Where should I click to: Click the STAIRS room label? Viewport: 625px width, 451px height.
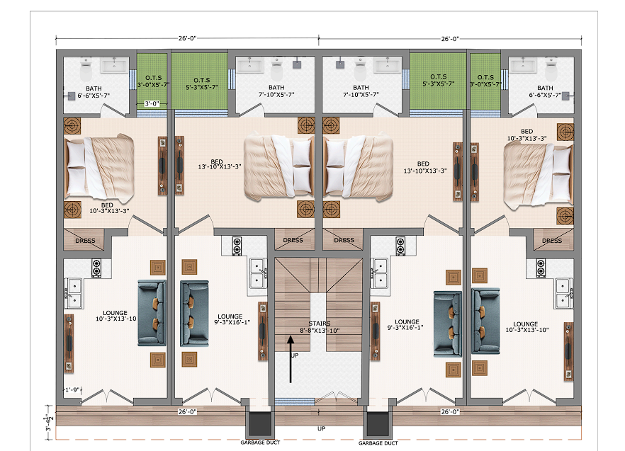(x=320, y=324)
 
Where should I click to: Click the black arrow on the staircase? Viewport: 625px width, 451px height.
(x=291, y=359)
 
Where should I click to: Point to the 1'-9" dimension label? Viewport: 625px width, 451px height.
(x=72, y=389)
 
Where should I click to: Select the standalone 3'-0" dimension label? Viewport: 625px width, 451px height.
(x=152, y=103)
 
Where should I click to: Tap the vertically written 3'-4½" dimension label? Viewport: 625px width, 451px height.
(x=49, y=423)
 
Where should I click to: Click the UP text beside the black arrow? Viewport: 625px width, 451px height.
(x=295, y=355)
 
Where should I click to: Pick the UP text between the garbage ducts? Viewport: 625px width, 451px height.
(x=321, y=428)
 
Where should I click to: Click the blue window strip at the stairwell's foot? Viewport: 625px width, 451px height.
(x=295, y=401)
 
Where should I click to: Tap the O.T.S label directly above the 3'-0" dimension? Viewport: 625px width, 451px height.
(x=154, y=78)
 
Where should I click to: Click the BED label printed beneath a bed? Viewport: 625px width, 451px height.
(x=107, y=205)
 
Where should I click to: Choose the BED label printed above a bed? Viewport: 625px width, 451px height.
(x=527, y=131)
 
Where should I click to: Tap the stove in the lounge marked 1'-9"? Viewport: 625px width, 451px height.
(x=96, y=268)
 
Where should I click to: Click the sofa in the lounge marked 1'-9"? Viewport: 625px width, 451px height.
(x=152, y=313)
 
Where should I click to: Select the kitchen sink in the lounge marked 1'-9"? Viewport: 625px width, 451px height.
(x=74, y=293)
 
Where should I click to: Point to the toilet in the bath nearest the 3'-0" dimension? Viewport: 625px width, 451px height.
(x=86, y=71)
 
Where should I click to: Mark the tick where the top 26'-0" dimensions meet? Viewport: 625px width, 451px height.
(x=318, y=39)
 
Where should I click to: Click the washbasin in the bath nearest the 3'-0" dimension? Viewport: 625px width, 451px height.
(x=114, y=66)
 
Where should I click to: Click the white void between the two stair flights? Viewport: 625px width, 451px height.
(x=318, y=322)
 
